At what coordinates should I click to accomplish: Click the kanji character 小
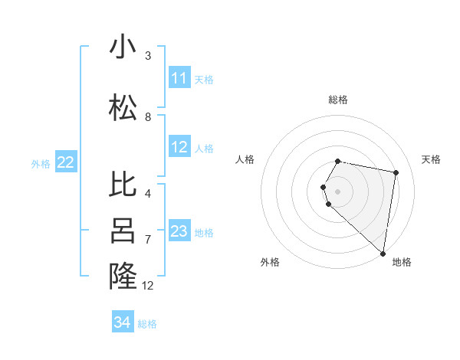[123, 47]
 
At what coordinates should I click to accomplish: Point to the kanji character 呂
[123, 231]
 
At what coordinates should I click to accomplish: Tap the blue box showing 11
[179, 78]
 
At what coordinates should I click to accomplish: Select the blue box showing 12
[179, 147]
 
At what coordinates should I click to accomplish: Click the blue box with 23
[179, 231]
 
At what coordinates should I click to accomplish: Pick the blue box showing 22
[66, 162]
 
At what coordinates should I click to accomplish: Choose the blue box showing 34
[122, 322]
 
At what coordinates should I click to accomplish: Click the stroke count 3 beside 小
[148, 56]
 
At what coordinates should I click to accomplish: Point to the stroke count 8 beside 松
[148, 117]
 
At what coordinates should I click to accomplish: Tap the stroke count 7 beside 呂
[148, 240]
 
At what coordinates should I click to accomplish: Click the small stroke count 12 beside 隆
[148, 286]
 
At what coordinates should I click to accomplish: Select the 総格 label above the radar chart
[338, 100]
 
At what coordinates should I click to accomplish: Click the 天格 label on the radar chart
[432, 159]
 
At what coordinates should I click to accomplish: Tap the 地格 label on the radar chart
[402, 263]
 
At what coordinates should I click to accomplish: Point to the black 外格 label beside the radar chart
[270, 263]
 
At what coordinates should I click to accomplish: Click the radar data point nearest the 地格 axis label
[383, 253]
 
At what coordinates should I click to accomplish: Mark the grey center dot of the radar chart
[338, 191]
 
